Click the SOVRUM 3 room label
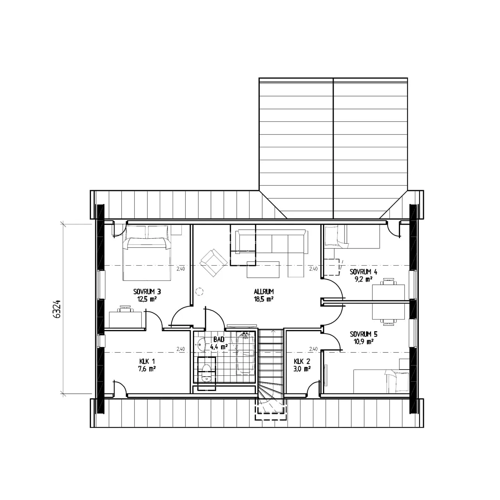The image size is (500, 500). click(147, 291)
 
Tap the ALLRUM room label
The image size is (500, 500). click(264, 291)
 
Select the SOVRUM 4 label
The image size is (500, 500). click(364, 272)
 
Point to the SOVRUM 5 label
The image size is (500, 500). click(364, 334)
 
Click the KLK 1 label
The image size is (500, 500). click(147, 361)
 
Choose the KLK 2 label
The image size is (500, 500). click(302, 361)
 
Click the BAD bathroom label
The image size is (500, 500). click(219, 339)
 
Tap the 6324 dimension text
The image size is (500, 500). click(58, 309)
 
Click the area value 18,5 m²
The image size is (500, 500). click(264, 299)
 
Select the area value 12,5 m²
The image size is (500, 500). click(147, 299)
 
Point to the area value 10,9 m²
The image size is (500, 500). click(364, 342)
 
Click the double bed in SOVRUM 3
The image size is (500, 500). click(147, 253)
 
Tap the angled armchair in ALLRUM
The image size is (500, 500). click(214, 262)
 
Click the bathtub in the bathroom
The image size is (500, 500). click(245, 354)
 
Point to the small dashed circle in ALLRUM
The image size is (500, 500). click(199, 292)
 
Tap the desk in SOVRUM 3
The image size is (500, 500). click(125, 320)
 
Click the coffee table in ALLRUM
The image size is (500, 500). click(263, 269)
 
